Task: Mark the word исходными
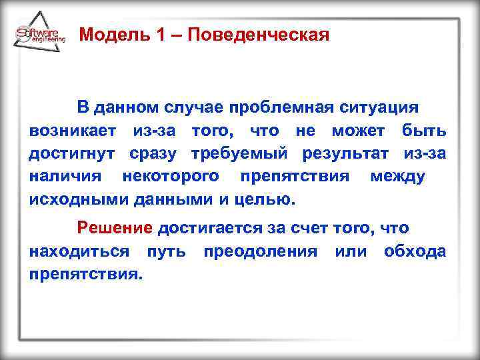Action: click(79, 199)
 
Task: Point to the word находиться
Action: click(79, 251)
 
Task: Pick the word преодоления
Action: click(261, 251)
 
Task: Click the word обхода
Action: click(415, 251)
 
